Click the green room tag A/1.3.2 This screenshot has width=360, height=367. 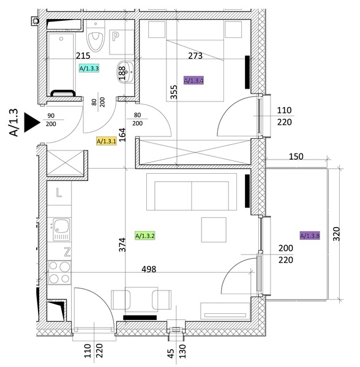click(145, 235)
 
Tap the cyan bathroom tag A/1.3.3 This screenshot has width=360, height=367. click(89, 69)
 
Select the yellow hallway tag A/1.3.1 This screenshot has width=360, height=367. click(107, 141)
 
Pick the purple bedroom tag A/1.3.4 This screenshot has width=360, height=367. click(193, 81)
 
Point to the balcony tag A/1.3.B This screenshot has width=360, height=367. click(310, 235)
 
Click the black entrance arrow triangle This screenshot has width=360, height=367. click(31, 122)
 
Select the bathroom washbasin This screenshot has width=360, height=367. click(126, 72)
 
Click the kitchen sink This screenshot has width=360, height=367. click(62, 229)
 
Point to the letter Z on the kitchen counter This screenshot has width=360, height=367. click(67, 252)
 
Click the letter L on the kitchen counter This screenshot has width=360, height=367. click(59, 193)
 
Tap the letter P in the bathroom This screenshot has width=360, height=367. click(116, 37)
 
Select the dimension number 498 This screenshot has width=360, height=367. click(149, 269)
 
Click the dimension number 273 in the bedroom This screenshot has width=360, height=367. click(195, 56)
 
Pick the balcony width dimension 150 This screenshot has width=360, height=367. click(296, 157)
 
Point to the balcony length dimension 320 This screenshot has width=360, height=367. click(336, 234)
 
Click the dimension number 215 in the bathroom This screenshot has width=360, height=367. click(83, 56)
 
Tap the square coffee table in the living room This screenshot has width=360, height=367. click(214, 229)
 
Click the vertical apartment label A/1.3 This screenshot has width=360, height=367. click(13, 122)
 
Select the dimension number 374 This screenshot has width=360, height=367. click(122, 245)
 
